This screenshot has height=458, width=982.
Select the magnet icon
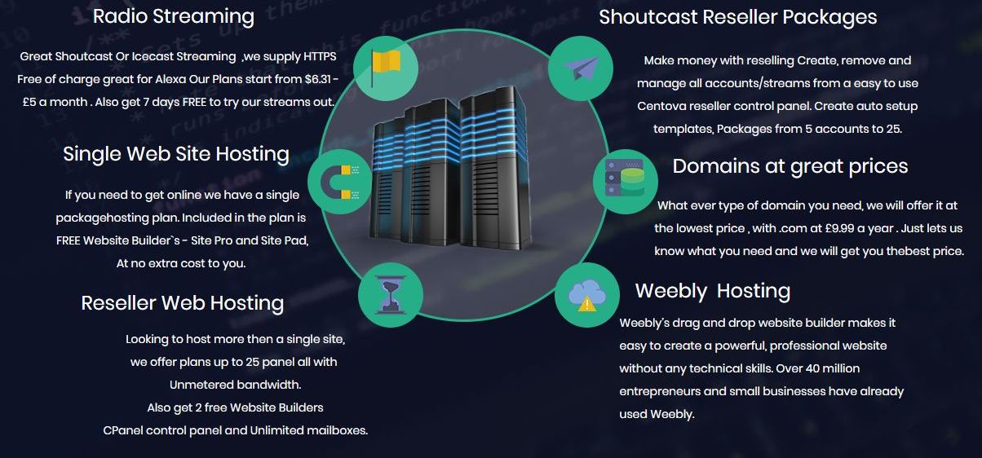click(x=340, y=182)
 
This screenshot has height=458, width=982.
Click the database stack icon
click(x=625, y=181)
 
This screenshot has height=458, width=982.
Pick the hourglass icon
click(x=390, y=295)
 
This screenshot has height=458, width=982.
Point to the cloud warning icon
click(x=586, y=295)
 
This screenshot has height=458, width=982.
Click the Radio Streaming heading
click(x=173, y=16)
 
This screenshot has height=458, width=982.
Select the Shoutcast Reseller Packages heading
click(x=737, y=17)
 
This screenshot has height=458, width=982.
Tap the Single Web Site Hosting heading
click(x=176, y=154)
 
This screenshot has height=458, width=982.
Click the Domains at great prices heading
click(x=790, y=166)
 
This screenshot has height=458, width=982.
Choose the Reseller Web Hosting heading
click(x=183, y=303)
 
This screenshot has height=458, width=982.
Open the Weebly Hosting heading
click(x=712, y=291)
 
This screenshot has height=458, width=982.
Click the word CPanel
click(x=122, y=430)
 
